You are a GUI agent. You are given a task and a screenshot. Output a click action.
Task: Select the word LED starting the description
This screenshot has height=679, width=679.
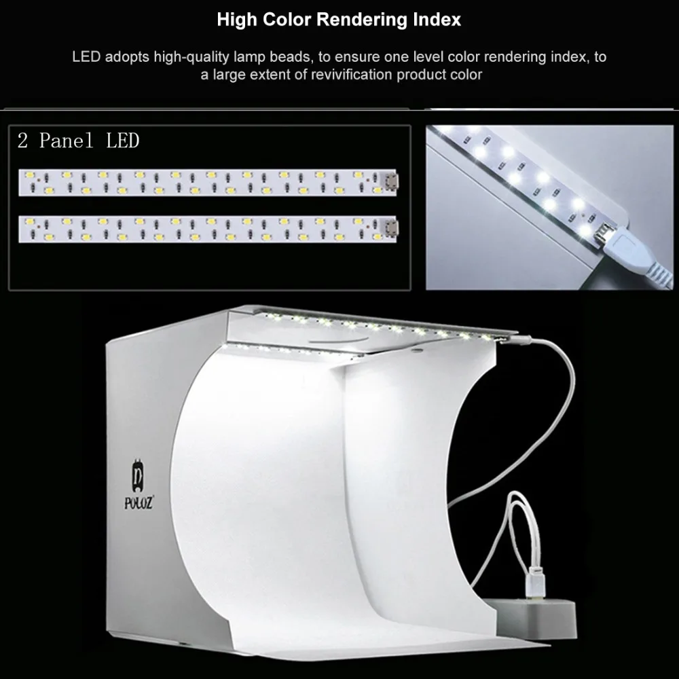click(x=86, y=57)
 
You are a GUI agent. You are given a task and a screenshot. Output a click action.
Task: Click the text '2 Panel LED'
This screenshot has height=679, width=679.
click(x=78, y=141)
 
